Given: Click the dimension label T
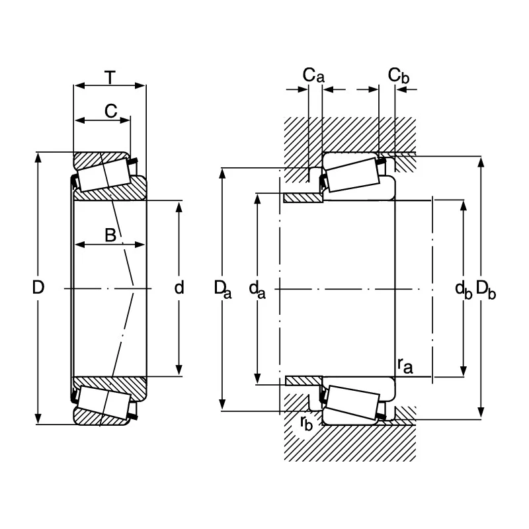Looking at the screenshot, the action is pos(110,77).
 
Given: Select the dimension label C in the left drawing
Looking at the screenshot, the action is pos(110,111).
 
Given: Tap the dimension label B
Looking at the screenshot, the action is pos(110,235).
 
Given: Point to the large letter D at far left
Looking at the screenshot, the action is pos(38,288).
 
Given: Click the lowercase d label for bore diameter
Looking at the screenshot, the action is pos(179,288).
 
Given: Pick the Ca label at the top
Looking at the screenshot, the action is pos(313,75).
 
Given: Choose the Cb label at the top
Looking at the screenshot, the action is pos(399,75).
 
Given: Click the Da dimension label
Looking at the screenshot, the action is pos(223,290).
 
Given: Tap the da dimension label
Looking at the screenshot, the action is pos(257,290).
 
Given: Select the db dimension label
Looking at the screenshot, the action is pos(464,290).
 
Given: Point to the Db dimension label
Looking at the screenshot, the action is pos(486,290).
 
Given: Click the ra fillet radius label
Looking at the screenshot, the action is pos(405,366).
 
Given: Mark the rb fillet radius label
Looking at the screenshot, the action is pos(306,423).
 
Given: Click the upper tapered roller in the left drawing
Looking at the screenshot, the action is pos(104,174).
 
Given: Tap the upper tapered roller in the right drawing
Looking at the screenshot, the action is pos(353,175).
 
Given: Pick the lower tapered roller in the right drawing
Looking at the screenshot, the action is pos(353,402).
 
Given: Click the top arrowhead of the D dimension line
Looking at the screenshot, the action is pos(38,157).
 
